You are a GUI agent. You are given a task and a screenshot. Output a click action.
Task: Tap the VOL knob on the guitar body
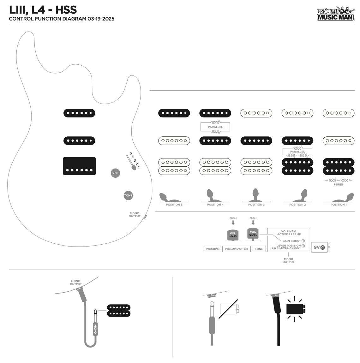pos(116,173)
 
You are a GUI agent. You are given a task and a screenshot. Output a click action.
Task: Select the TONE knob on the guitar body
pos(128,195)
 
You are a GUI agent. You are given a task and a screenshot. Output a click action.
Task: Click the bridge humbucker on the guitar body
pos(79,166)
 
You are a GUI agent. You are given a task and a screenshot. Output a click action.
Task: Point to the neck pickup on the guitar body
pos(79,113)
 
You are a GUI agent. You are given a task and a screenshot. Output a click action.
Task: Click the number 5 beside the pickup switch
pos(130,153)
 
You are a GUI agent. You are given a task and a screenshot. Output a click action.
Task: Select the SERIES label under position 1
pos(339,184)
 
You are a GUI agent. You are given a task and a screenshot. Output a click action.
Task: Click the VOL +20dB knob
pos(253,234)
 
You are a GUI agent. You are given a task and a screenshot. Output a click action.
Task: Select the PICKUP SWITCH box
pos(237,249)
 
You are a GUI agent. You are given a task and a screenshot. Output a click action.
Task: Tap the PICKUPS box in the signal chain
pos(212,249)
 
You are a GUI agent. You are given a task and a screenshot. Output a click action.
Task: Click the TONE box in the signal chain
pos(259,249)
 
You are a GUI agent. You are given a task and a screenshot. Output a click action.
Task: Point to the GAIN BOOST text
pos(291,241)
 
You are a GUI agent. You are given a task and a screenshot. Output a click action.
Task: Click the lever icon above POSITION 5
pos(164,197)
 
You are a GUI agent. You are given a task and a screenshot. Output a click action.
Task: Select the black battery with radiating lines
pos(295,309)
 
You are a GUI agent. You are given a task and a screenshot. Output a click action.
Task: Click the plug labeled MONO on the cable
pos(95,328)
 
